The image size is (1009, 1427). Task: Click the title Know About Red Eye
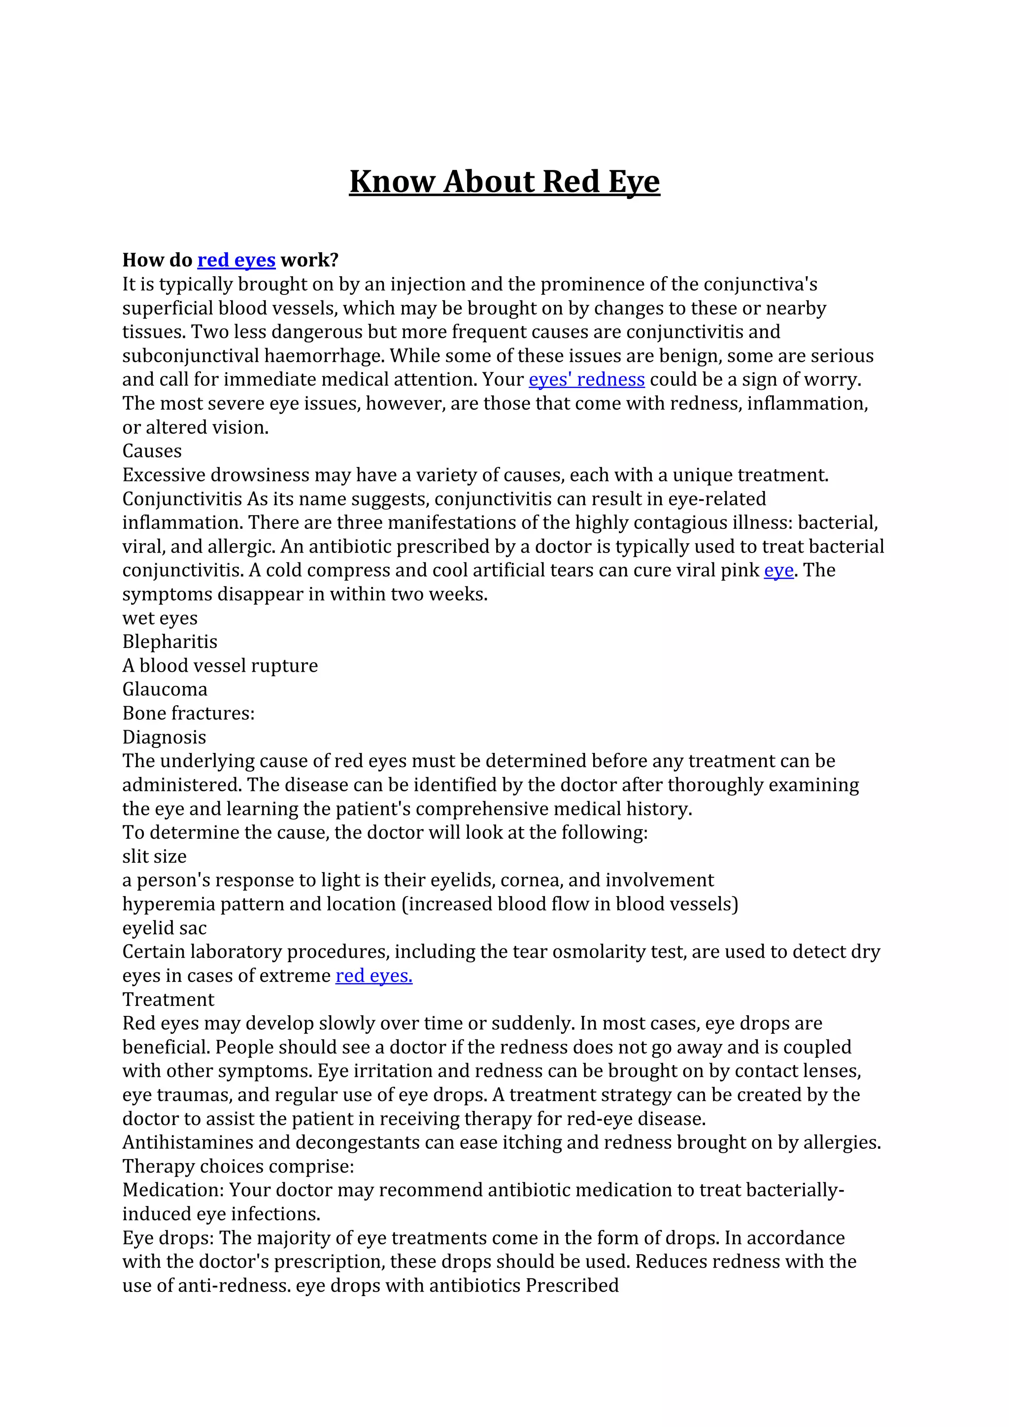(x=504, y=182)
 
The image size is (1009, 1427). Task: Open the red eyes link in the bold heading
(x=236, y=260)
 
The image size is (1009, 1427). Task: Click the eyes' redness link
(x=586, y=379)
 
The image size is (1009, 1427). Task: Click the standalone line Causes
(x=152, y=451)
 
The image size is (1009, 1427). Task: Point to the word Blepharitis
(x=169, y=642)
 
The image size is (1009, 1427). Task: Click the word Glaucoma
(x=165, y=689)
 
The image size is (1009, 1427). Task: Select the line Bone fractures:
(x=188, y=713)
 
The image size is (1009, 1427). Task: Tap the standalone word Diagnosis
(x=164, y=737)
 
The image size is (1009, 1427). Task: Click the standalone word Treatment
(x=168, y=1000)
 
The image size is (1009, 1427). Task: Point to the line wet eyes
(x=160, y=618)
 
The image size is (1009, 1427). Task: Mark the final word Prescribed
(x=572, y=1285)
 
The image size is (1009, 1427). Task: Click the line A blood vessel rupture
(x=220, y=666)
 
